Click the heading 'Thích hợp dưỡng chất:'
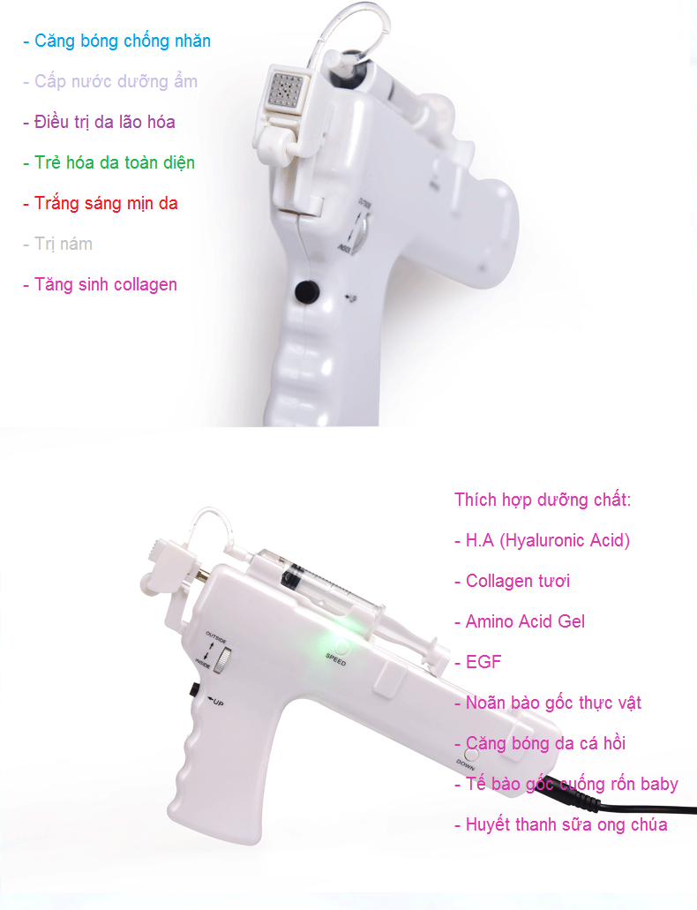(542, 500)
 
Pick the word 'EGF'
(483, 662)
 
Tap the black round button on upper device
(307, 292)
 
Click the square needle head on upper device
(285, 90)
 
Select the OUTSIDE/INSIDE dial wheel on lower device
(222, 661)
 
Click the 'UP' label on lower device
(215, 702)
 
